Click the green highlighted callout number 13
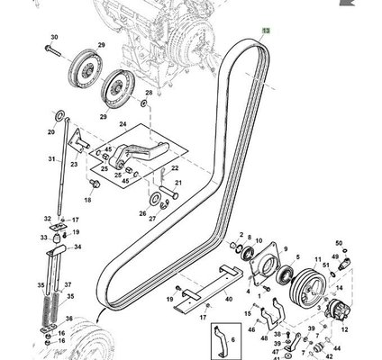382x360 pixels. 267,31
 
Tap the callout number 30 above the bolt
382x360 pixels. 54,37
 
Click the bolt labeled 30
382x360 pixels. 52,51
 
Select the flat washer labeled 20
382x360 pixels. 60,114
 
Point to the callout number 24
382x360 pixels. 123,124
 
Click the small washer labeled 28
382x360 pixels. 144,103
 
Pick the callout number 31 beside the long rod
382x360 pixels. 52,158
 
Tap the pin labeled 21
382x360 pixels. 168,193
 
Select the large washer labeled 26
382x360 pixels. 155,199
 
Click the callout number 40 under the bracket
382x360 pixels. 229,299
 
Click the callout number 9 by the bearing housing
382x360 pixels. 286,249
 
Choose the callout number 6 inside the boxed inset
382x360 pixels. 233,340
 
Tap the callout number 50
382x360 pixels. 339,243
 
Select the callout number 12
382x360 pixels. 345,329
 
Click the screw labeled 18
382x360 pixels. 95,184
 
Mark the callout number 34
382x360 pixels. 77,247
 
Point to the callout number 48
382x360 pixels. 264,338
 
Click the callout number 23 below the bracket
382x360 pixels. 74,164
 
